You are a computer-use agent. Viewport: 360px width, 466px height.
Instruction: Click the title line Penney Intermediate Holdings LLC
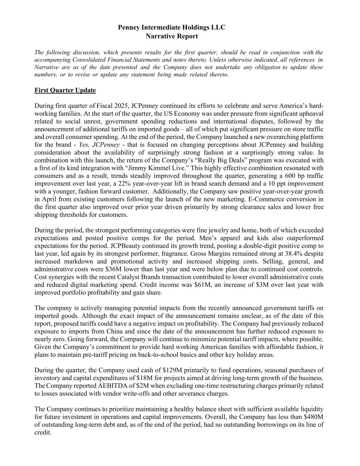(x=172, y=27)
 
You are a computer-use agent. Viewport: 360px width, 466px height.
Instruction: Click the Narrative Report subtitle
(x=172, y=36)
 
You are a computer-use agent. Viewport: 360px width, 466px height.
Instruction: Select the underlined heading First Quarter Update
(x=65, y=90)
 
